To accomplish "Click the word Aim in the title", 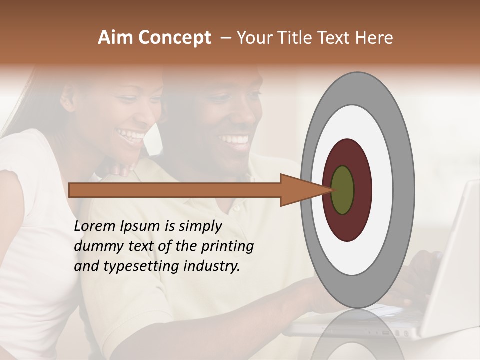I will point(115,38).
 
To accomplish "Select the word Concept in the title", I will point(174,38).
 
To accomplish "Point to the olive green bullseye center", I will point(343,190).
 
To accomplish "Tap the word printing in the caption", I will point(227,247).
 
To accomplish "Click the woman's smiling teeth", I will point(131,134).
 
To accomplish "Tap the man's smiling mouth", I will point(234,139).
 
